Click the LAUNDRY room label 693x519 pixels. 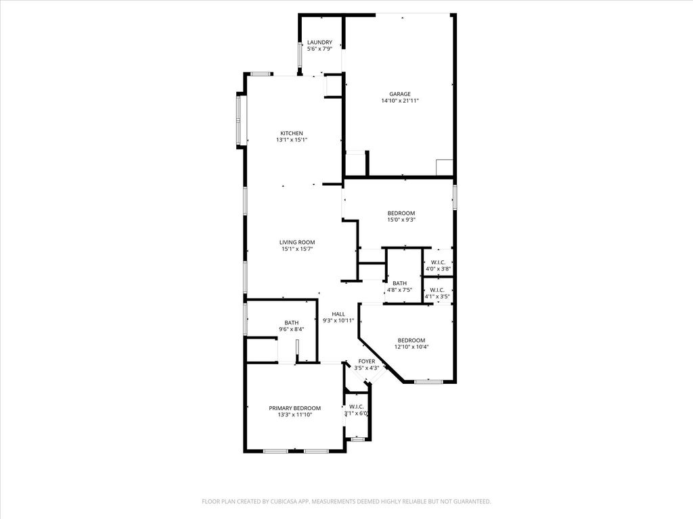coord(319,43)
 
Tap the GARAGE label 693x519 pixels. coord(400,94)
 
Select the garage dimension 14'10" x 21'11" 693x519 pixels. coord(400,101)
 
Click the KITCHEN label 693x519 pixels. coord(292,133)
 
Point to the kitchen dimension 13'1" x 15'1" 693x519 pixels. coord(292,140)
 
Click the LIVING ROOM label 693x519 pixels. coord(297,243)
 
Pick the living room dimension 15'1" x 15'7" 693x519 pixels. coord(297,249)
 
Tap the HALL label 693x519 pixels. coord(338,314)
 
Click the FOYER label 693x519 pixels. coord(367,362)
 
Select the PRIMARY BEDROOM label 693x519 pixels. coord(295,408)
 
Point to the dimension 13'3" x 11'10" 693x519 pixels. coord(295,415)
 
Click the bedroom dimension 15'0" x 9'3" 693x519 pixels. coord(401,220)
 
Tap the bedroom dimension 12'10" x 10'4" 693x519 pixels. coord(411,347)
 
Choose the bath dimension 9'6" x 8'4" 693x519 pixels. coord(292,329)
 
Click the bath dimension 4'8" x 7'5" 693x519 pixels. coord(399,290)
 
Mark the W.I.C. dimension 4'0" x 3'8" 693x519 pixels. coord(438,269)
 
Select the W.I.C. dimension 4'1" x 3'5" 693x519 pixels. coord(437,297)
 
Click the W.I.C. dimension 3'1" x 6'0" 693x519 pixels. coord(356,414)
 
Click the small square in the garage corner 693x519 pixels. coord(445,168)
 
